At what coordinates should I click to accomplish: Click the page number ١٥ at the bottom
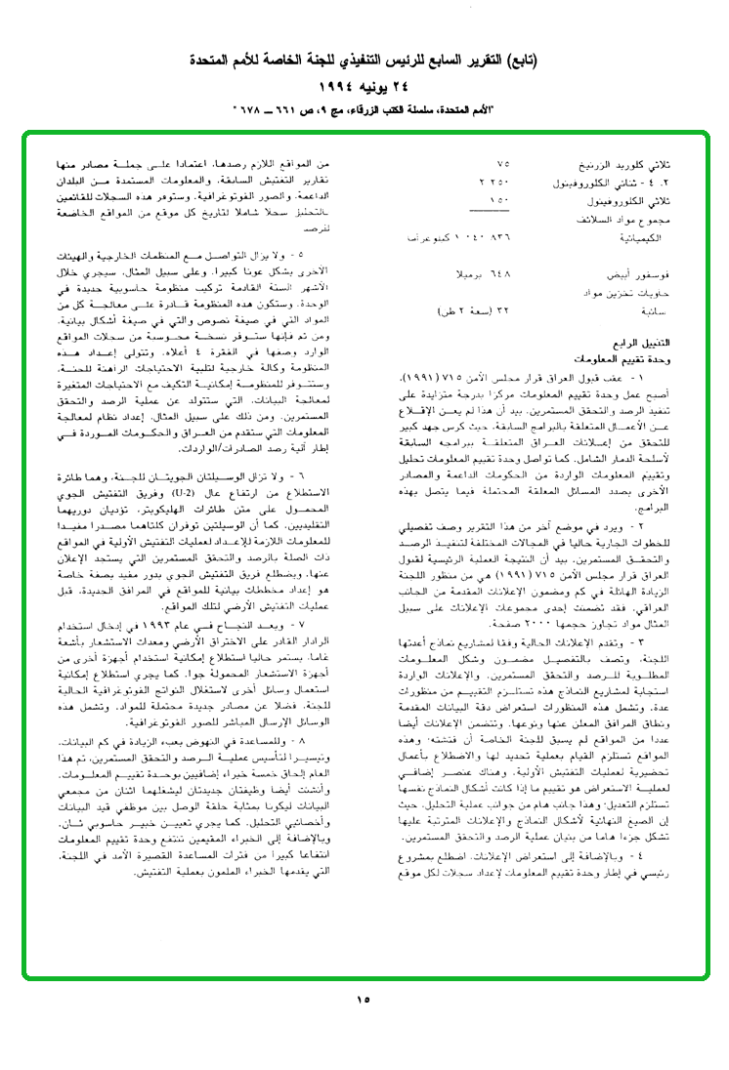pyautogui.click(x=364, y=999)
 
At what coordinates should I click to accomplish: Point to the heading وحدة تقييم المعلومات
pyautogui.click(x=650, y=358)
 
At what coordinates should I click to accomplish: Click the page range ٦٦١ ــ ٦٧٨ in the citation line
pyautogui.click(x=280, y=105)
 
